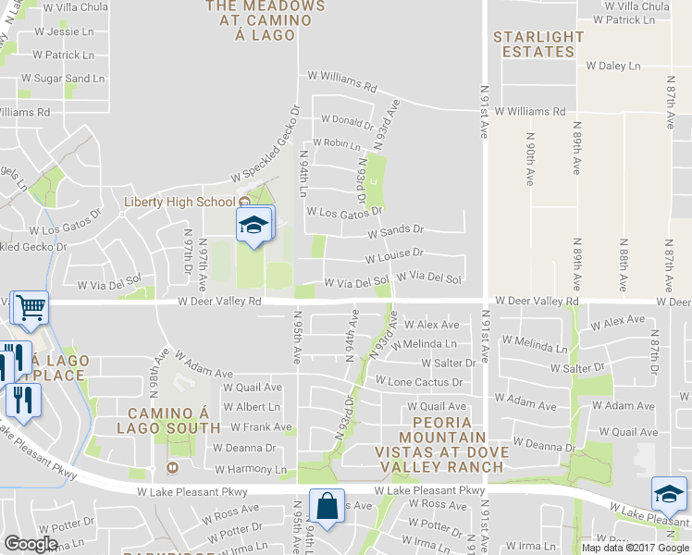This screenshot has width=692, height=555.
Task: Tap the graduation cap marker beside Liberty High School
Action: click(254, 225)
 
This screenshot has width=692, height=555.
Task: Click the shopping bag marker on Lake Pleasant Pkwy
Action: click(327, 507)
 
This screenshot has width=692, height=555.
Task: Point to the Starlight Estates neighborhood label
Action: click(538, 44)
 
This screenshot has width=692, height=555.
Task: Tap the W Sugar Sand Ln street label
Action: click(62, 79)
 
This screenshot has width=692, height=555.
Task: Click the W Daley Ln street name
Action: click(613, 67)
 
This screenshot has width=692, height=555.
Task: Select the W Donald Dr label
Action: click(346, 120)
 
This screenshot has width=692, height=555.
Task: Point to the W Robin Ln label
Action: click(336, 143)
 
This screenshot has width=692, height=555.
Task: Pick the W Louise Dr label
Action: click(394, 253)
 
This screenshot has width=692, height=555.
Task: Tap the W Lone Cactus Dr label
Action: click(418, 382)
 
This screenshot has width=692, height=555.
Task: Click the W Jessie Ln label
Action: click(50, 31)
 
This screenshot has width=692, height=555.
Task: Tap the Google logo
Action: click(31, 544)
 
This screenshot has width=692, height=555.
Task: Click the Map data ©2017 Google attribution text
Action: click(635, 548)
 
